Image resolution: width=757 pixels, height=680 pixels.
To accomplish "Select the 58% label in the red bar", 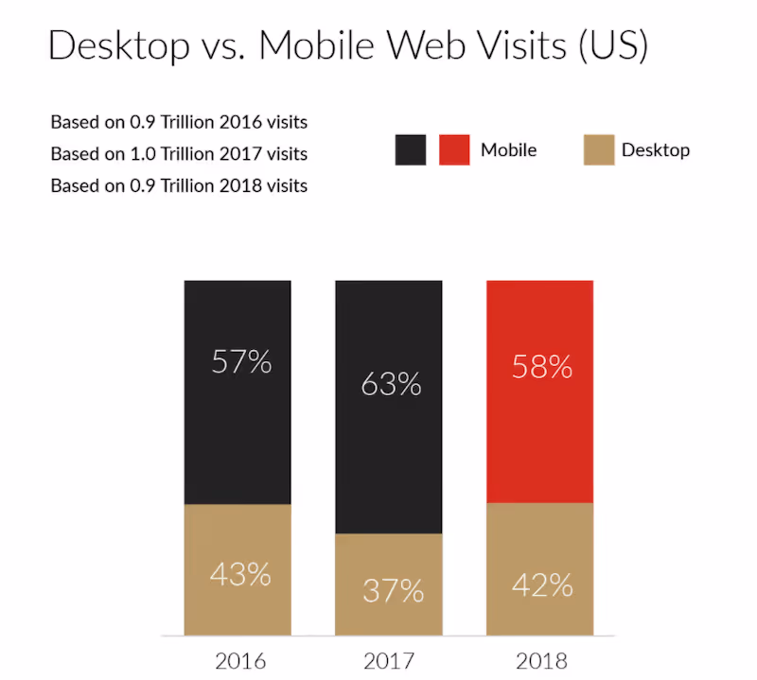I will [541, 366].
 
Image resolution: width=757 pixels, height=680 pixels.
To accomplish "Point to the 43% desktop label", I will [239, 573].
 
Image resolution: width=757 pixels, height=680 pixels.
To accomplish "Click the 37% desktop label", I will [392, 590].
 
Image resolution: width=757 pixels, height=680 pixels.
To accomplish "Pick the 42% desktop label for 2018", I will [541, 585].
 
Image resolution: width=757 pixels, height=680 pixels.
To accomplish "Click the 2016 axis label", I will [240, 659].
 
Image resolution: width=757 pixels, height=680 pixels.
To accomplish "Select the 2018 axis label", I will [541, 659].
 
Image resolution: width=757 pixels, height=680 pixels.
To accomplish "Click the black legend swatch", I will [411, 149].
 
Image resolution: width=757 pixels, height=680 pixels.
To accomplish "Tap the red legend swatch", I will [455, 149].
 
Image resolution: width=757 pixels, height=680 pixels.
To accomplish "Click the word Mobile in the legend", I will [508, 149].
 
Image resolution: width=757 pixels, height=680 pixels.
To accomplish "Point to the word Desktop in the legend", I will [656, 149].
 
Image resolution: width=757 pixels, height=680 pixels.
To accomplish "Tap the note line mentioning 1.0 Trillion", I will [179, 153].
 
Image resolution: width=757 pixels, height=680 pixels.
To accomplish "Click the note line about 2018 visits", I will [179, 185].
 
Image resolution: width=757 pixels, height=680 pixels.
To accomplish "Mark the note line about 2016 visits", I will [179, 122].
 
